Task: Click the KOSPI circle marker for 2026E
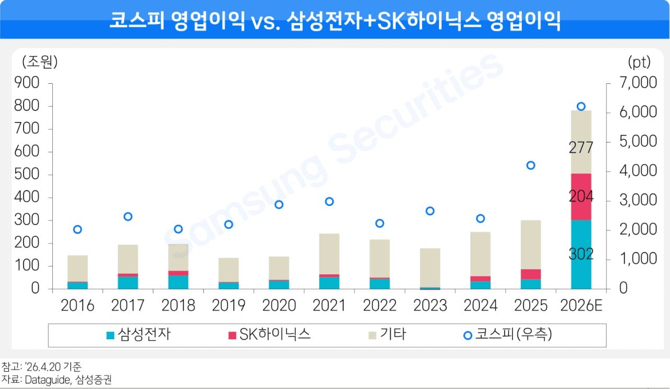coord(580,106)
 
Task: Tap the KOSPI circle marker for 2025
coord(530,165)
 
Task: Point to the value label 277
coord(581,148)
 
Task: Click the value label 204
coord(581,197)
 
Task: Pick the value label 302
coord(581,254)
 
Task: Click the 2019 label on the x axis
coord(228,306)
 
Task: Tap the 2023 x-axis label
coord(430,306)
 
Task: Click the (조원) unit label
coord(40,62)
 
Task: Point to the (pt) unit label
coord(639,62)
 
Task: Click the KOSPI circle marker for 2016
coord(77,229)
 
